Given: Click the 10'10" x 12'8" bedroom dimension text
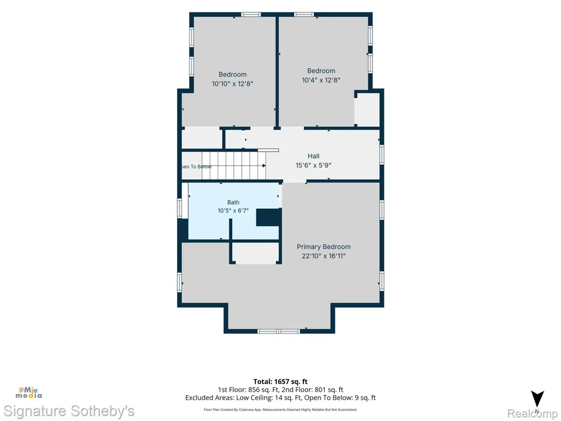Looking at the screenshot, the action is pos(233,84).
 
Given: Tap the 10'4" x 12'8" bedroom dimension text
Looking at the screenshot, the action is pos(321,80).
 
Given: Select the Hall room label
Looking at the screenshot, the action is pos(314,156).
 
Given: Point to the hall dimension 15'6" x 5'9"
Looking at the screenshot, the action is pos(314,166).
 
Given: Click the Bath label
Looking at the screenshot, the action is pos(233,202).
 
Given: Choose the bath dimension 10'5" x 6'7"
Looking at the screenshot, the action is pos(233,211).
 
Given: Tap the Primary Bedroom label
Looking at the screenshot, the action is pos(324,246).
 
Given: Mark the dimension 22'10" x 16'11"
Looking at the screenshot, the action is pos(324,256).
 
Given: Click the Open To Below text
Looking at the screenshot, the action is pos(196,167).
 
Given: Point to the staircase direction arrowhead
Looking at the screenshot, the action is pos(264,166).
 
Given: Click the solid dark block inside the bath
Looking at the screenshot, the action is pos(268,217).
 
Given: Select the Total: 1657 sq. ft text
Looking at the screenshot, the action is pos(280,382).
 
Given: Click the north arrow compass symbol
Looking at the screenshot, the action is pos(537,400).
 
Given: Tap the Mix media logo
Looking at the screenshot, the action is pos(29,393).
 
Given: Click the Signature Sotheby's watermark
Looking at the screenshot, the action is pos(68,411).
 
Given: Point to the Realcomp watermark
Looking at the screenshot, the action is pos(533,414).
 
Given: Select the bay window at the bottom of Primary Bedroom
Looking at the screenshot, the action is pos(279,332).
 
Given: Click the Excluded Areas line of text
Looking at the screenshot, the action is pos(280,398).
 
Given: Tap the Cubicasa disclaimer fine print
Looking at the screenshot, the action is pos(280,410).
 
